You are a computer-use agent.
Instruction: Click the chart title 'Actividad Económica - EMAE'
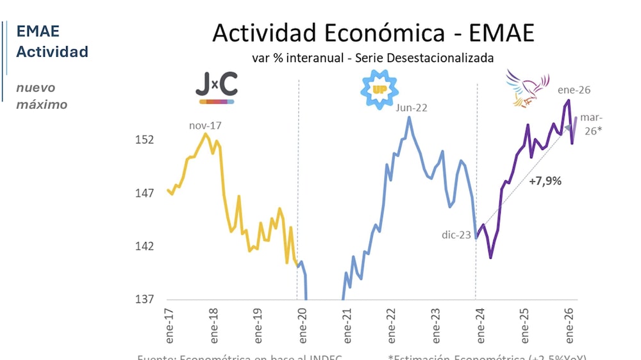coord(372,33)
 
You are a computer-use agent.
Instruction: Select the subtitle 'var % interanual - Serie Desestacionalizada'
coord(372,58)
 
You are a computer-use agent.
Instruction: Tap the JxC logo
coord(216,88)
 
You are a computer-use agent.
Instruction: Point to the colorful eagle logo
coord(527,88)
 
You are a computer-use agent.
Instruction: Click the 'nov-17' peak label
coord(204,126)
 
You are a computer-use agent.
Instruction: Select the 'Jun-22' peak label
coord(411,108)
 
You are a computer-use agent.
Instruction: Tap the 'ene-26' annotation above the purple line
coord(574,90)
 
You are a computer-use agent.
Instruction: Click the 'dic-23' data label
coord(456,234)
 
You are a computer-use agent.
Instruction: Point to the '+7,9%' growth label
coord(545,181)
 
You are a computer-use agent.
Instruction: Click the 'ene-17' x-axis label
coord(169,324)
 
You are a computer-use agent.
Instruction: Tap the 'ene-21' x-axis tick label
coord(347,324)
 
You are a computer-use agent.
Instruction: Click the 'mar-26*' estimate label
coord(592,124)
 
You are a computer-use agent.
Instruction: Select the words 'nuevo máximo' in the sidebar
coord(42,96)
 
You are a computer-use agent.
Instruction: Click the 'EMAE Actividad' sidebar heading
coord(52,42)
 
